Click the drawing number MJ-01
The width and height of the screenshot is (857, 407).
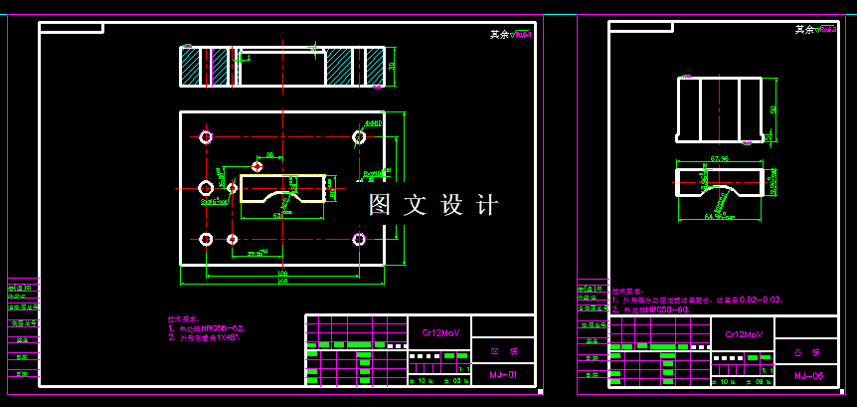504,375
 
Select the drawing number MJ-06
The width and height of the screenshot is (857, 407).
808,375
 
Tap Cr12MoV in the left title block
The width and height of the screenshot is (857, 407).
438,332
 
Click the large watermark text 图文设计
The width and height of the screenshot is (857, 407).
432,205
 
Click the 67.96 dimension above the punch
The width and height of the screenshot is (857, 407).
720,158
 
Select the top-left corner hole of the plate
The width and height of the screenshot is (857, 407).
206,136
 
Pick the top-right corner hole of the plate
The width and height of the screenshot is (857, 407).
359,136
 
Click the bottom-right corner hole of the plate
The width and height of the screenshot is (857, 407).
359,239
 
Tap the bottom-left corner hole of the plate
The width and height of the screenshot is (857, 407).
206,239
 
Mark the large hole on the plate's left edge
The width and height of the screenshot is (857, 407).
206,187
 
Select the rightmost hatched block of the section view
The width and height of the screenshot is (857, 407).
375,67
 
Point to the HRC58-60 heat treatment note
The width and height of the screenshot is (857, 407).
657,308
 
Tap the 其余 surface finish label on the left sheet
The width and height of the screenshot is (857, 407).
498,34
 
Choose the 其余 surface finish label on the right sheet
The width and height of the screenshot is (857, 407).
804,30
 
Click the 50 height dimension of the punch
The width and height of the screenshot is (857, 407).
773,109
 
